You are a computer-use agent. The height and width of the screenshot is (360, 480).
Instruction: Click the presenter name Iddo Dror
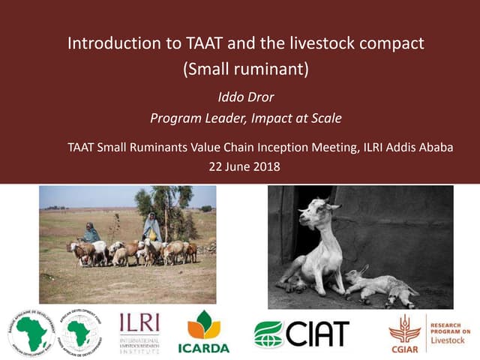click(x=245, y=97)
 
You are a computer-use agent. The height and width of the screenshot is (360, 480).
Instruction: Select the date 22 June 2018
click(x=245, y=166)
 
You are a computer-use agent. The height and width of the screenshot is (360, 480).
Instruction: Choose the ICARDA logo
click(x=203, y=331)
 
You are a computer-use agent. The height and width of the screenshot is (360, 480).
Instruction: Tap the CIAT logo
click(x=301, y=332)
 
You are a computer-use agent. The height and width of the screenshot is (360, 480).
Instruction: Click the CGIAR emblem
click(x=405, y=332)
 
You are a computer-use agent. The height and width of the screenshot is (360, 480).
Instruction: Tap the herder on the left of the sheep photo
click(x=91, y=233)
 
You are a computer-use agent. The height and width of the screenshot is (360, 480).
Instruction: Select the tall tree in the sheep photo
click(x=164, y=202)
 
